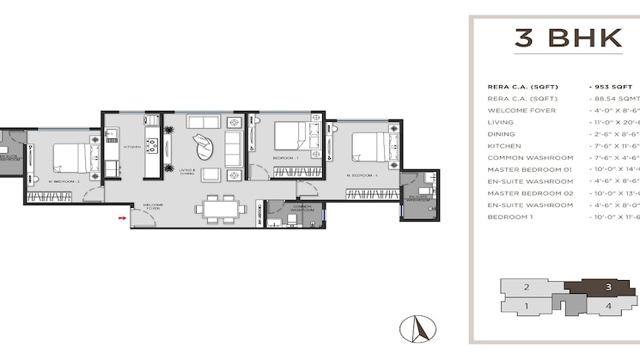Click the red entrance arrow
pyautogui.click(x=121, y=218)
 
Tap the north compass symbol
pyautogui.click(x=422, y=327)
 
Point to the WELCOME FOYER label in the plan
pyautogui.click(x=152, y=207)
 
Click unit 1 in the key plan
pyautogui.click(x=526, y=305)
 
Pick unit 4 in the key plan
pyautogui.click(x=607, y=305)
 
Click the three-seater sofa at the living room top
pyautogui.click(x=204, y=121)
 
